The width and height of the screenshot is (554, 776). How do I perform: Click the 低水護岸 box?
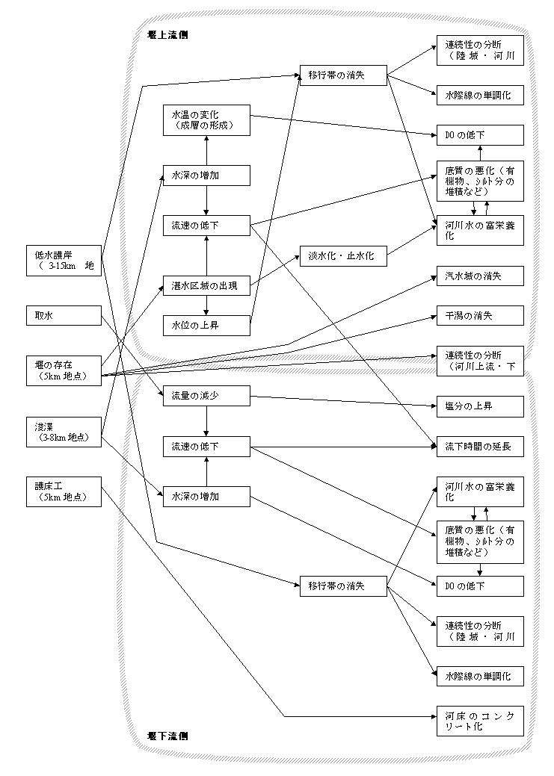coord(63,260)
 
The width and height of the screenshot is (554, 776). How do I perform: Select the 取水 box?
coord(63,316)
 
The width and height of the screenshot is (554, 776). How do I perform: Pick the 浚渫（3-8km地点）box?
coord(63,432)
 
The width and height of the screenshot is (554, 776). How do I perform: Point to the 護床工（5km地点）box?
coord(63,491)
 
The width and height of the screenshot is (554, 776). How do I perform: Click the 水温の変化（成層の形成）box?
coord(206,120)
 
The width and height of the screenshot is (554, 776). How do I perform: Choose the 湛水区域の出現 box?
coord(206,286)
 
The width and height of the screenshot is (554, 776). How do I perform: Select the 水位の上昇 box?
coord(206,326)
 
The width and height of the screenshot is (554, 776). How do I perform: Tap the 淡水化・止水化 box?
coord(342,255)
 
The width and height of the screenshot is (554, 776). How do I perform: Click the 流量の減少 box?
coord(206,397)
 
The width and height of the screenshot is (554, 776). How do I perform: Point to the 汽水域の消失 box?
coord(480,276)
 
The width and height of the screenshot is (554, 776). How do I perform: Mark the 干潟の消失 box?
coord(480,316)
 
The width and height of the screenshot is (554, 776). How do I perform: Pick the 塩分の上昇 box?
coord(480,407)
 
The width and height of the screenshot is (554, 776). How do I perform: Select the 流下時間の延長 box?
coord(480,447)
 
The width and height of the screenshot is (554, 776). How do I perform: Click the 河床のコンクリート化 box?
coord(480,721)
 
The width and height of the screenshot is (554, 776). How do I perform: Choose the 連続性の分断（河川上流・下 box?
coord(480,361)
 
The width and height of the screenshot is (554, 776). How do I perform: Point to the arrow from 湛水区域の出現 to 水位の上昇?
coord(206,306)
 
